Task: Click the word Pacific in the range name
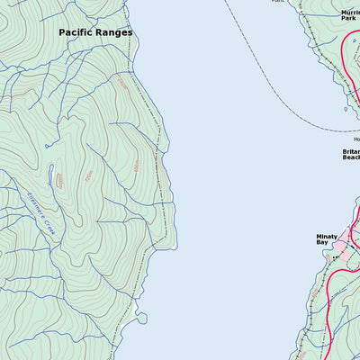pos(77,32)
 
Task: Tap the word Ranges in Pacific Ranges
pos(116,32)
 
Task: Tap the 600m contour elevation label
pos(137,166)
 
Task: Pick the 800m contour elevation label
pos(59,181)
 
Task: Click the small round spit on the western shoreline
pos(141,316)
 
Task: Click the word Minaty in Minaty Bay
pos(327,236)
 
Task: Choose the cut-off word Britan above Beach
pos(351,152)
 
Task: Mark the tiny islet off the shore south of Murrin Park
pos(345,109)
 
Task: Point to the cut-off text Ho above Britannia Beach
pos(355,139)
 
